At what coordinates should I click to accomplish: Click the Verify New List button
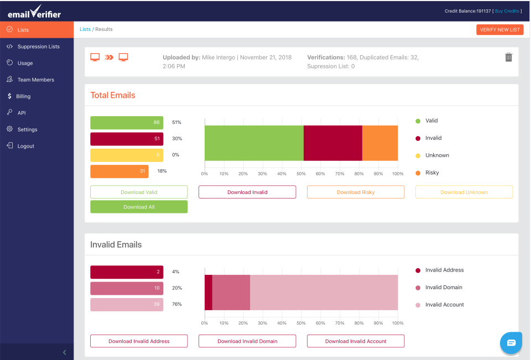[499, 30]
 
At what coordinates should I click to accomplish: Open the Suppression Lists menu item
[38, 46]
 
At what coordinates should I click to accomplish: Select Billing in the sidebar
[23, 96]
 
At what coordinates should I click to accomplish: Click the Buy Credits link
[507, 11]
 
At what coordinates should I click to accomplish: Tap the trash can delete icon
[508, 58]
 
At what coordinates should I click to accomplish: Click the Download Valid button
[139, 192]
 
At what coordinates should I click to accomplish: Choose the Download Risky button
[356, 192]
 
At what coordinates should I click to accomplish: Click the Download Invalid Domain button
[247, 341]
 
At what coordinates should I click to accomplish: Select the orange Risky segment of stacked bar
[380, 143]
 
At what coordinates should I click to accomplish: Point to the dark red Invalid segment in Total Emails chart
[333, 143]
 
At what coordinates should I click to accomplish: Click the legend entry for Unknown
[437, 155]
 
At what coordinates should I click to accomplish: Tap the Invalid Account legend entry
[444, 305]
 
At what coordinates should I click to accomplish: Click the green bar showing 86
[127, 123]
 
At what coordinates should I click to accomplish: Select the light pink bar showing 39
[127, 305]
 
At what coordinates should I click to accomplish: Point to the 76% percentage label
[177, 305]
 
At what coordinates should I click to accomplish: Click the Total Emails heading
[113, 95]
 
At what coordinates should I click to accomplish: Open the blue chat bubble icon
[511, 343]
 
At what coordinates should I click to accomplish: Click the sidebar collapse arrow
[64, 352]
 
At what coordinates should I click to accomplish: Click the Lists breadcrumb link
[85, 29]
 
